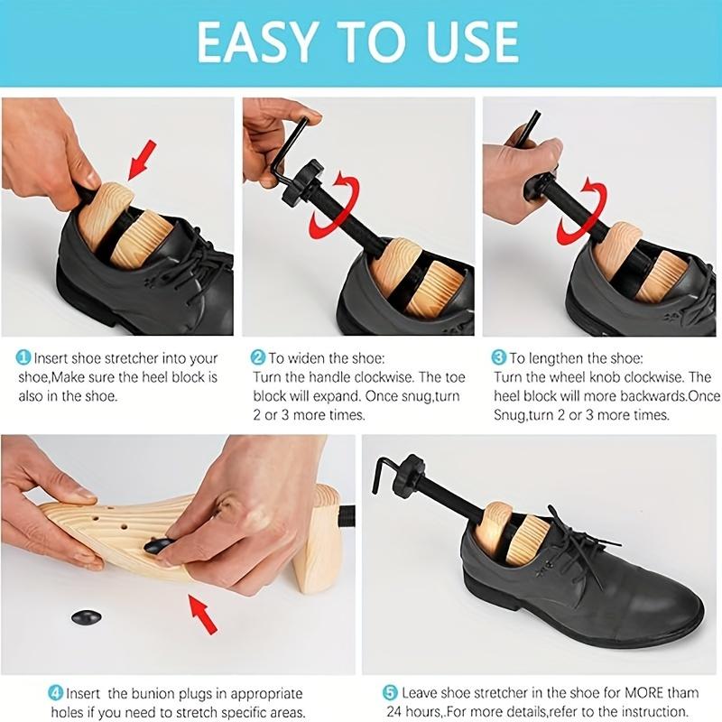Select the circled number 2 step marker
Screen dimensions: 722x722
[x=257, y=358]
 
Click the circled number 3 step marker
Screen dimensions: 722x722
[x=498, y=358]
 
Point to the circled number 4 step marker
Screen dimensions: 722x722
[x=56, y=693]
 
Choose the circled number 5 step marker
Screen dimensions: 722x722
[x=390, y=693]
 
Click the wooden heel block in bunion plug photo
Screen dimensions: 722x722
[x=316, y=541]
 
